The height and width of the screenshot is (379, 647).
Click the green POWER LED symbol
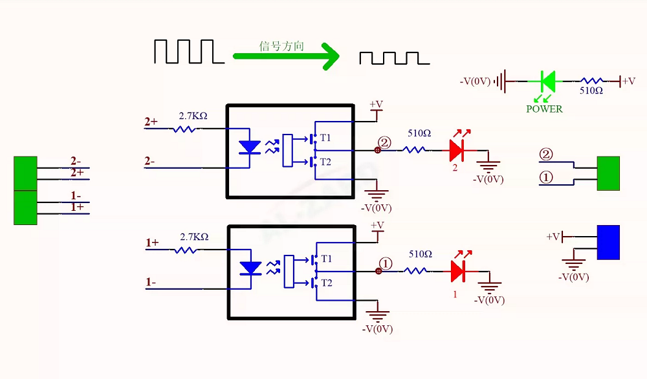[548, 81]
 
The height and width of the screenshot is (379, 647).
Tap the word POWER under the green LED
[544, 109]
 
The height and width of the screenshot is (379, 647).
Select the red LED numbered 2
[456, 151]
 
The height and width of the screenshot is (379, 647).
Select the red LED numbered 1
[457, 272]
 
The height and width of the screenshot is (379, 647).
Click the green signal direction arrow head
[331, 56]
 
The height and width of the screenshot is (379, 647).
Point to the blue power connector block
[608, 243]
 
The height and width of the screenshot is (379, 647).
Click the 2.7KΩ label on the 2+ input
[193, 116]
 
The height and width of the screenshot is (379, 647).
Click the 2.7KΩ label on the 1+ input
[194, 237]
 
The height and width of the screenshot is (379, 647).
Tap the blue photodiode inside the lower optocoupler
[251, 268]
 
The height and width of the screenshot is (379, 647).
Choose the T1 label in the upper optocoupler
[325, 138]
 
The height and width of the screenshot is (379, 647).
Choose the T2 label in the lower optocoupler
[327, 283]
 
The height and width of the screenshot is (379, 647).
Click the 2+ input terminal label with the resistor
[151, 122]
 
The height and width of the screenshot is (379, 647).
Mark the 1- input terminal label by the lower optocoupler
[151, 282]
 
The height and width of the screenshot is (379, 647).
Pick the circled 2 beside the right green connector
[546, 155]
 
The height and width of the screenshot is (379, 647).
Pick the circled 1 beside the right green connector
[546, 178]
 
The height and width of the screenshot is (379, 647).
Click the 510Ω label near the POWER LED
[591, 91]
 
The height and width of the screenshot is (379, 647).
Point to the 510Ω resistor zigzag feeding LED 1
[415, 271]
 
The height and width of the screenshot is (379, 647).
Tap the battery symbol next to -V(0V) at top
[501, 81]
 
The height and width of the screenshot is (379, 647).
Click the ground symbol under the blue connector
[573, 264]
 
